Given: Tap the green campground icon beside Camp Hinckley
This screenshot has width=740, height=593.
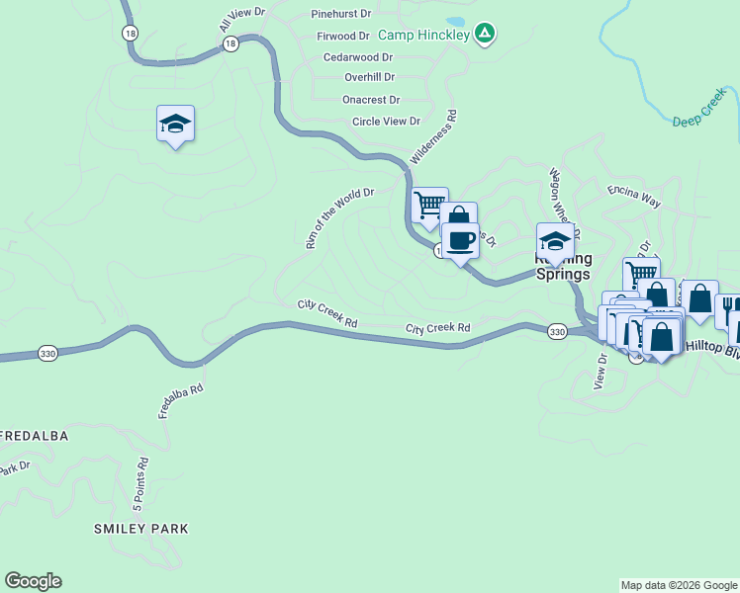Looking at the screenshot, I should (x=484, y=34).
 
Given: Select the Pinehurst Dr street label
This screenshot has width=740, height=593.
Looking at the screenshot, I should (x=340, y=15).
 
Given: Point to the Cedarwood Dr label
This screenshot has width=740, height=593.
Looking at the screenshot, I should (x=358, y=57).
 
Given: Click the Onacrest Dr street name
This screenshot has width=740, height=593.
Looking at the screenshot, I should (x=371, y=100).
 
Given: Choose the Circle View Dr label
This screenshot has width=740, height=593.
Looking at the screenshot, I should (x=387, y=122).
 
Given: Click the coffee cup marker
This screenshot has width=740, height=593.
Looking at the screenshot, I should (x=460, y=240).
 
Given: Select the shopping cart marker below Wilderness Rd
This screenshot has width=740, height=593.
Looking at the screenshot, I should (x=429, y=206).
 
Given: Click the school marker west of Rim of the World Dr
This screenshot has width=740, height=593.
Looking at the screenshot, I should (x=175, y=124).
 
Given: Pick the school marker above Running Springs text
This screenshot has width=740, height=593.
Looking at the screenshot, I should (x=555, y=241).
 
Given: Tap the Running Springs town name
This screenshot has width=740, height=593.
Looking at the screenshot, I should (x=563, y=268).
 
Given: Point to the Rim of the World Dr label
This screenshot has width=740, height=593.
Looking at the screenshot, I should (x=339, y=218).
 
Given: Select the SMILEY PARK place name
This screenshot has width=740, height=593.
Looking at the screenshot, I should (x=140, y=529).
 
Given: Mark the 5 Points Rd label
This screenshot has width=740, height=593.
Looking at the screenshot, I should (x=141, y=481).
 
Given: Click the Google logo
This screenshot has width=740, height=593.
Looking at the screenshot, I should (x=33, y=581).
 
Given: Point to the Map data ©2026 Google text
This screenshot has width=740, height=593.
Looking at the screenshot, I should (x=679, y=585).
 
